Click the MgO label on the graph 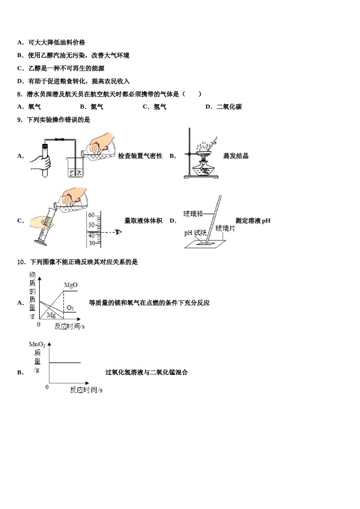coord(70,285)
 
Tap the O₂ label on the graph coord(70,308)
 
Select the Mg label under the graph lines coord(51,315)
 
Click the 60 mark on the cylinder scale coord(91,215)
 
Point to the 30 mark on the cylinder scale coord(92,243)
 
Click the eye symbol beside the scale coord(119,232)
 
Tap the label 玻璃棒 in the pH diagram coord(193,214)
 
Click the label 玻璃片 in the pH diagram coord(225,228)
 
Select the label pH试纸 coord(195,233)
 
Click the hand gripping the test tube coord(41,162)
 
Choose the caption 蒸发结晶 coord(236,156)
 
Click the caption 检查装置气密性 coord(140,156)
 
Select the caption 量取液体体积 coord(143,221)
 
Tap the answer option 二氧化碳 coord(229,107)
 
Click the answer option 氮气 coord(97,107)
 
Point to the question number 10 coord(21,262)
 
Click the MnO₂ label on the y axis coord(37,345)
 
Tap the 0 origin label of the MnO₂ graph coord(47,387)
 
